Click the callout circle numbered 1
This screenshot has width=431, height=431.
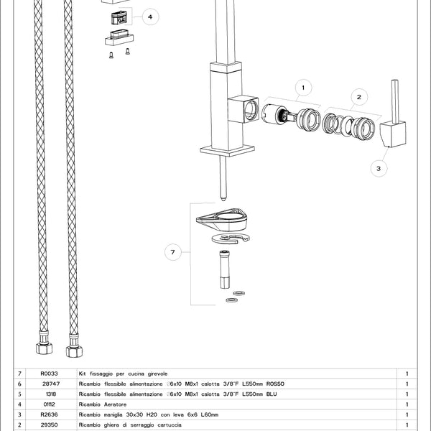click(x=302, y=88)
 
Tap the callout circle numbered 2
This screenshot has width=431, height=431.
click(x=358, y=96)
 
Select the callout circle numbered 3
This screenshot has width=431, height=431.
click(x=379, y=168)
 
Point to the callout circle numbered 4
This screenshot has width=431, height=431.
click(x=149, y=17)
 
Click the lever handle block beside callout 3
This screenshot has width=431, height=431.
click(x=392, y=133)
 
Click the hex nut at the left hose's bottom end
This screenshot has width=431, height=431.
click(x=44, y=351)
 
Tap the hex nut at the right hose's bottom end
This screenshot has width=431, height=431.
click(x=73, y=351)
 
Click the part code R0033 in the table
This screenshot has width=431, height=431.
click(x=49, y=374)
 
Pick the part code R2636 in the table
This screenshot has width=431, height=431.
click(x=49, y=415)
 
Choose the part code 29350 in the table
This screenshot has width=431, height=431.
click(x=49, y=425)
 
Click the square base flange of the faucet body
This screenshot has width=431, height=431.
click(x=227, y=150)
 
